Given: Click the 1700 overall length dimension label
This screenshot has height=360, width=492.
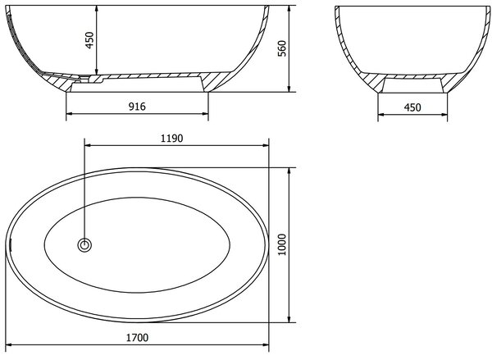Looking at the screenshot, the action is click(x=137, y=337).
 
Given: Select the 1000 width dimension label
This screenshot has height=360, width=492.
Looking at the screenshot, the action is click(x=282, y=245).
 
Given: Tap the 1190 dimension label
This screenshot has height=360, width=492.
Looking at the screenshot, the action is click(x=171, y=138).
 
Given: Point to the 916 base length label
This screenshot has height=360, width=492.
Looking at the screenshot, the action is click(x=137, y=107).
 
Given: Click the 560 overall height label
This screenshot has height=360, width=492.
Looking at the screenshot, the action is click(x=282, y=48).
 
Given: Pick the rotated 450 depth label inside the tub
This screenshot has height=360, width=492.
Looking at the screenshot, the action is click(x=89, y=40).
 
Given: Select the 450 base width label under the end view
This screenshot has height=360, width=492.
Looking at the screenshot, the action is click(x=412, y=107).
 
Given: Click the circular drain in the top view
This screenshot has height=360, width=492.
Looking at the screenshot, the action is click(x=84, y=245).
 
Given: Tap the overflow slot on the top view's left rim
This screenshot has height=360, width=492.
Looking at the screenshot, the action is click(x=11, y=245).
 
